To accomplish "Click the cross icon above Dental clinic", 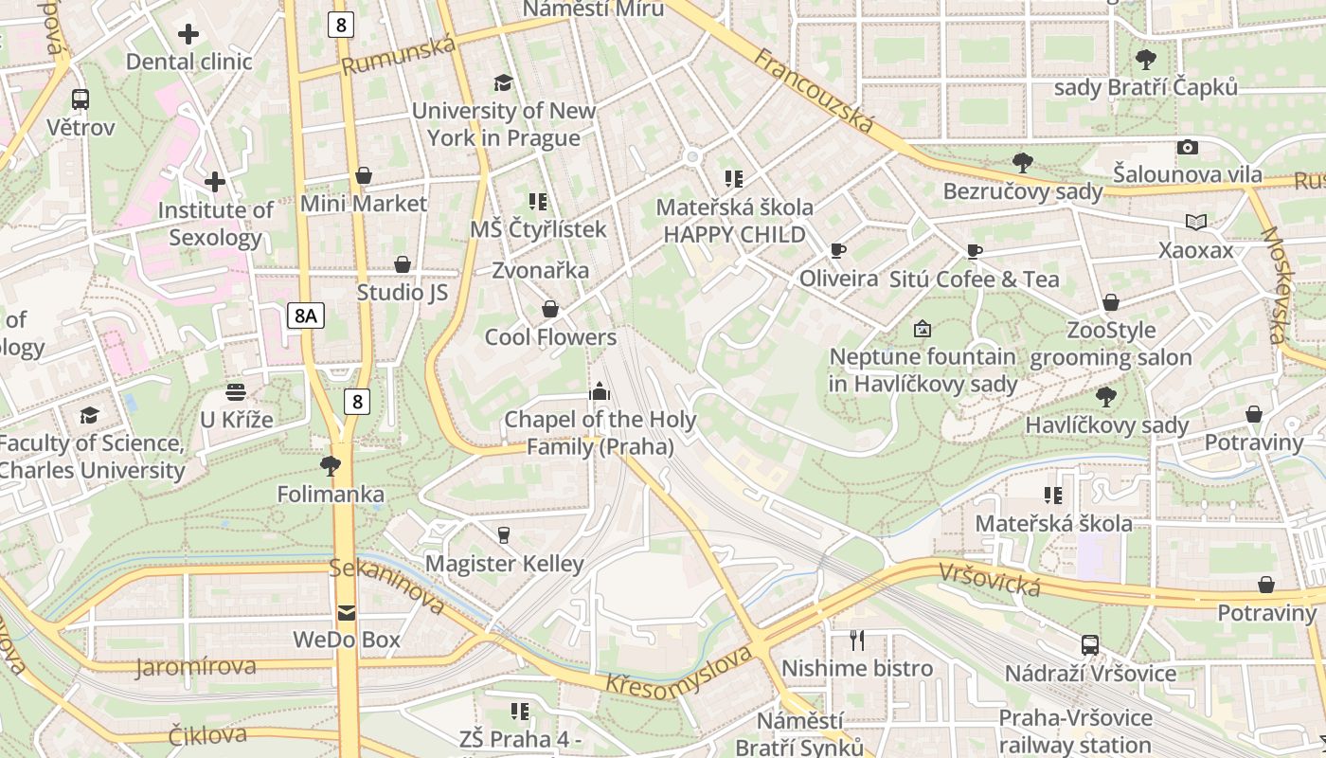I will point(188,35).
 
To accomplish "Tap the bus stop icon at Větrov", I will point(81,99).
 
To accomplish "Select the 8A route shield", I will point(305,316).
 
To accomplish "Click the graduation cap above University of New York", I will point(503,83).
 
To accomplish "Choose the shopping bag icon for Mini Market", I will point(364,176).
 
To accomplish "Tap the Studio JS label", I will point(403,292).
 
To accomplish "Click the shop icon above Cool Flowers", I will point(549,310).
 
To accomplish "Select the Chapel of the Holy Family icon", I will point(599,391).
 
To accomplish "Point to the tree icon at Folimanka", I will point(331,465).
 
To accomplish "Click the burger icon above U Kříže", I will point(236,391).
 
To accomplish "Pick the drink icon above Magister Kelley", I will point(504,535).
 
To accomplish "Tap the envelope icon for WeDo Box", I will point(347,612).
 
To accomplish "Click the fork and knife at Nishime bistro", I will point(857,641).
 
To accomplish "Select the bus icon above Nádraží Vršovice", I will point(1090,645).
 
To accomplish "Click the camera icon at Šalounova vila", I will point(1187,147).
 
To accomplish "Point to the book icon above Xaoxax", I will point(1196,223).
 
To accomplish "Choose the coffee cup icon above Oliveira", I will point(837,251).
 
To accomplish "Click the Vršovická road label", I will point(990,579).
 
